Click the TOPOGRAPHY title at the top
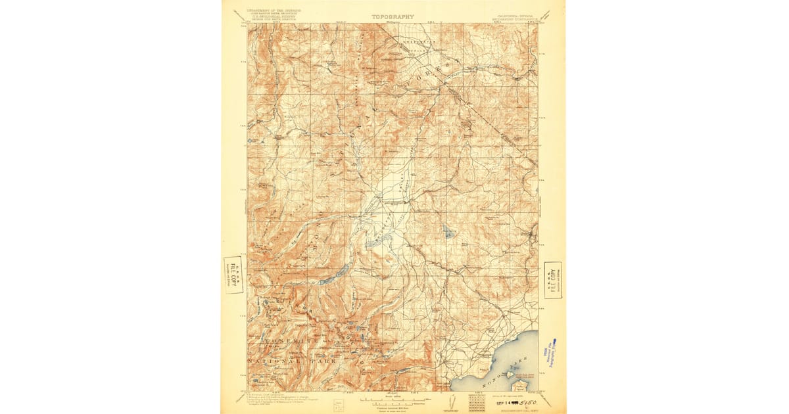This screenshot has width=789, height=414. pyautogui.click(x=393, y=16)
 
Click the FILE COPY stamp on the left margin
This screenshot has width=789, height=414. pyautogui.click(x=233, y=275)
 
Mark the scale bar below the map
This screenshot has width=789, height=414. pyautogui.click(x=393, y=398)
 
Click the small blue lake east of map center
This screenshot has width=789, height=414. pyautogui.click(x=448, y=231)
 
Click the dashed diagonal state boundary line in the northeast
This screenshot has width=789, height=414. pyautogui.click(x=490, y=118)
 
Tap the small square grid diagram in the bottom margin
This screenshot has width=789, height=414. pyautogui.click(x=476, y=400)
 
